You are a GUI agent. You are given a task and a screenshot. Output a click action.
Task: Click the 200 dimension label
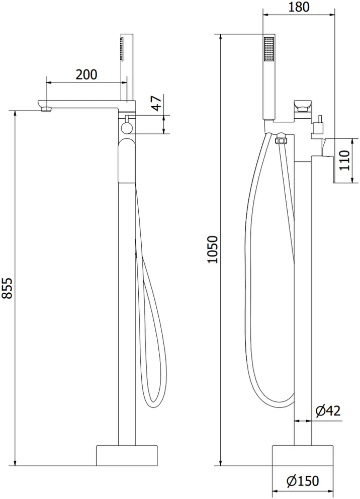pos(86,74)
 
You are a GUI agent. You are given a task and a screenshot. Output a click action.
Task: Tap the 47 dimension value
pos(157,103)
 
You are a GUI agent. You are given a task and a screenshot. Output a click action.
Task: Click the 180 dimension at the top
pos(299,7)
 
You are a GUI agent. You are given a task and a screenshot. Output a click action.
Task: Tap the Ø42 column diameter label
pos(328,411)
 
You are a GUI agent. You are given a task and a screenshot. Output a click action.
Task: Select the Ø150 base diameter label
pos(303,481)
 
